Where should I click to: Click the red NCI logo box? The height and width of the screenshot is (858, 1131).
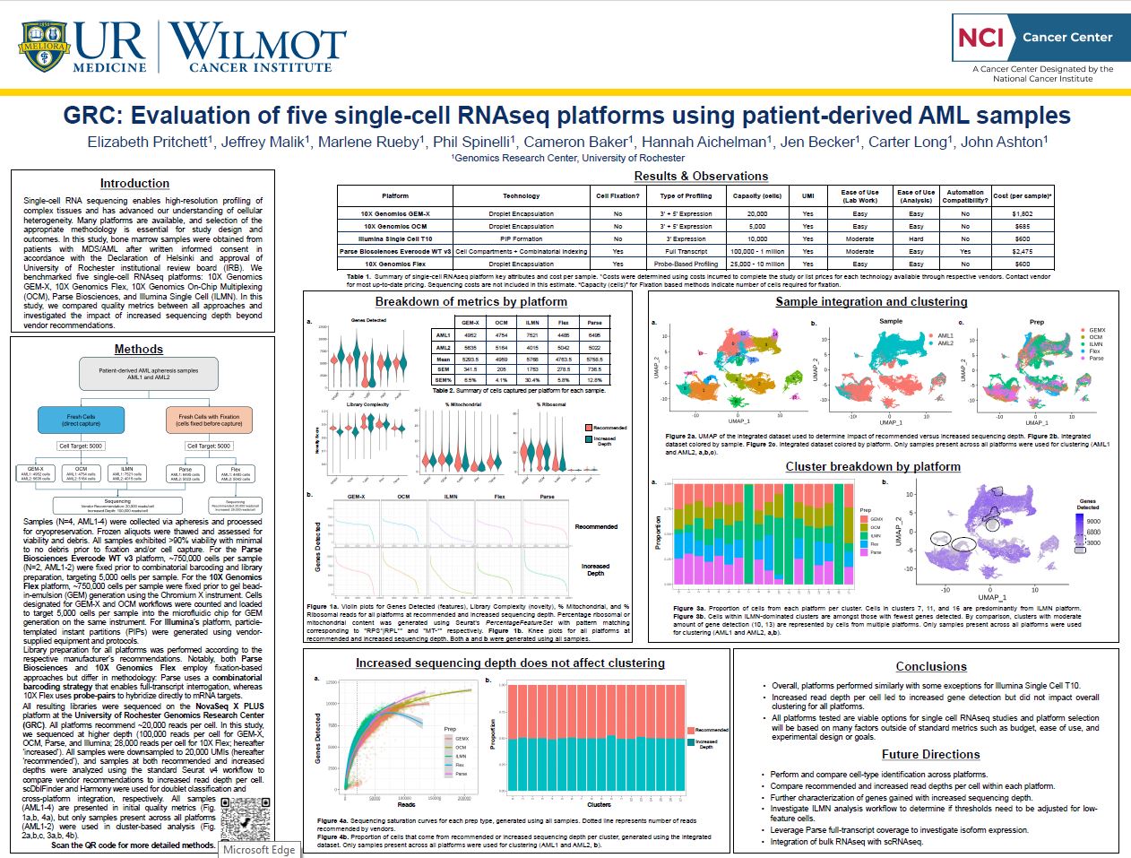981,38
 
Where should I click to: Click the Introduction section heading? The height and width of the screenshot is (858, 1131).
134,184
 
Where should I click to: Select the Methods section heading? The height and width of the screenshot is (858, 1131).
139,349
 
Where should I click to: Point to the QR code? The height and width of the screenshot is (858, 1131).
245,817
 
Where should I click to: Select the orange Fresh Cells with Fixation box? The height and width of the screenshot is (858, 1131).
209,419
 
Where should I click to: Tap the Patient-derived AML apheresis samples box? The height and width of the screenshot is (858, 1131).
148,372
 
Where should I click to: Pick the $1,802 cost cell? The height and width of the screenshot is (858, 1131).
1022,214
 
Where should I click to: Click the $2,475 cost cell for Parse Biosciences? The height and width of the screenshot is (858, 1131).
1022,252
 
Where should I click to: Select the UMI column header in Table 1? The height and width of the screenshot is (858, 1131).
808,195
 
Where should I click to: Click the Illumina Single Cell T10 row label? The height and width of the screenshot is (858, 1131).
395,239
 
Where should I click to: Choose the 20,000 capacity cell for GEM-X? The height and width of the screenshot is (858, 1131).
756,214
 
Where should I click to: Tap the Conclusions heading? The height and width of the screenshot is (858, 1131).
931,666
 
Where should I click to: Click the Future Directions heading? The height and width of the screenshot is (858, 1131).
930,754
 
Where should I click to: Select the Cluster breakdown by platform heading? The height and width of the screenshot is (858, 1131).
872,466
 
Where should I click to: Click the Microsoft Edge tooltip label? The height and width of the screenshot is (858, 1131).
258,849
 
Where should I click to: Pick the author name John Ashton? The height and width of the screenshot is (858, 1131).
1003,142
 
